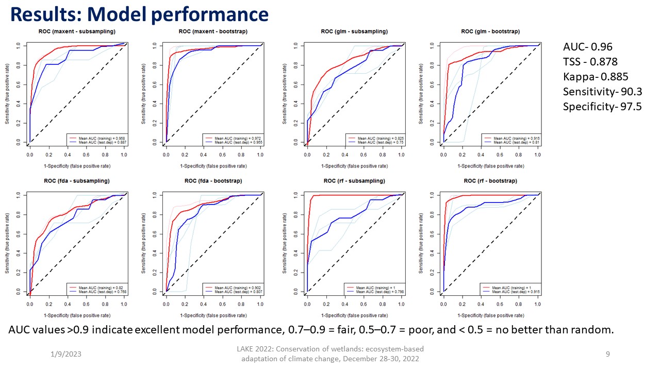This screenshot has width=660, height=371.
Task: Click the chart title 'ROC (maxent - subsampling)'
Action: click(77, 32)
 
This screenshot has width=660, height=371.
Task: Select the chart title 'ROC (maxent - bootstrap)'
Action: click(213, 32)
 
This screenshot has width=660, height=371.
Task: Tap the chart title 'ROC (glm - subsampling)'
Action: click(354, 32)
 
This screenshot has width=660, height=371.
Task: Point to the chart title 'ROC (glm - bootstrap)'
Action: click(490, 32)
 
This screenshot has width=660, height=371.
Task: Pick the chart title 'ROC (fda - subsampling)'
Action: click(77, 181)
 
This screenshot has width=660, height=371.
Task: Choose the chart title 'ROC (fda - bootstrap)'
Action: click(213, 181)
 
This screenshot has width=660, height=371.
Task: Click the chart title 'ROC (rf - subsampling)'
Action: click(354, 181)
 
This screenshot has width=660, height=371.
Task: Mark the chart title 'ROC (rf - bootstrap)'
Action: click(490, 181)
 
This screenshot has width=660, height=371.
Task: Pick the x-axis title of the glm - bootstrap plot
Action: click(490, 166)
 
